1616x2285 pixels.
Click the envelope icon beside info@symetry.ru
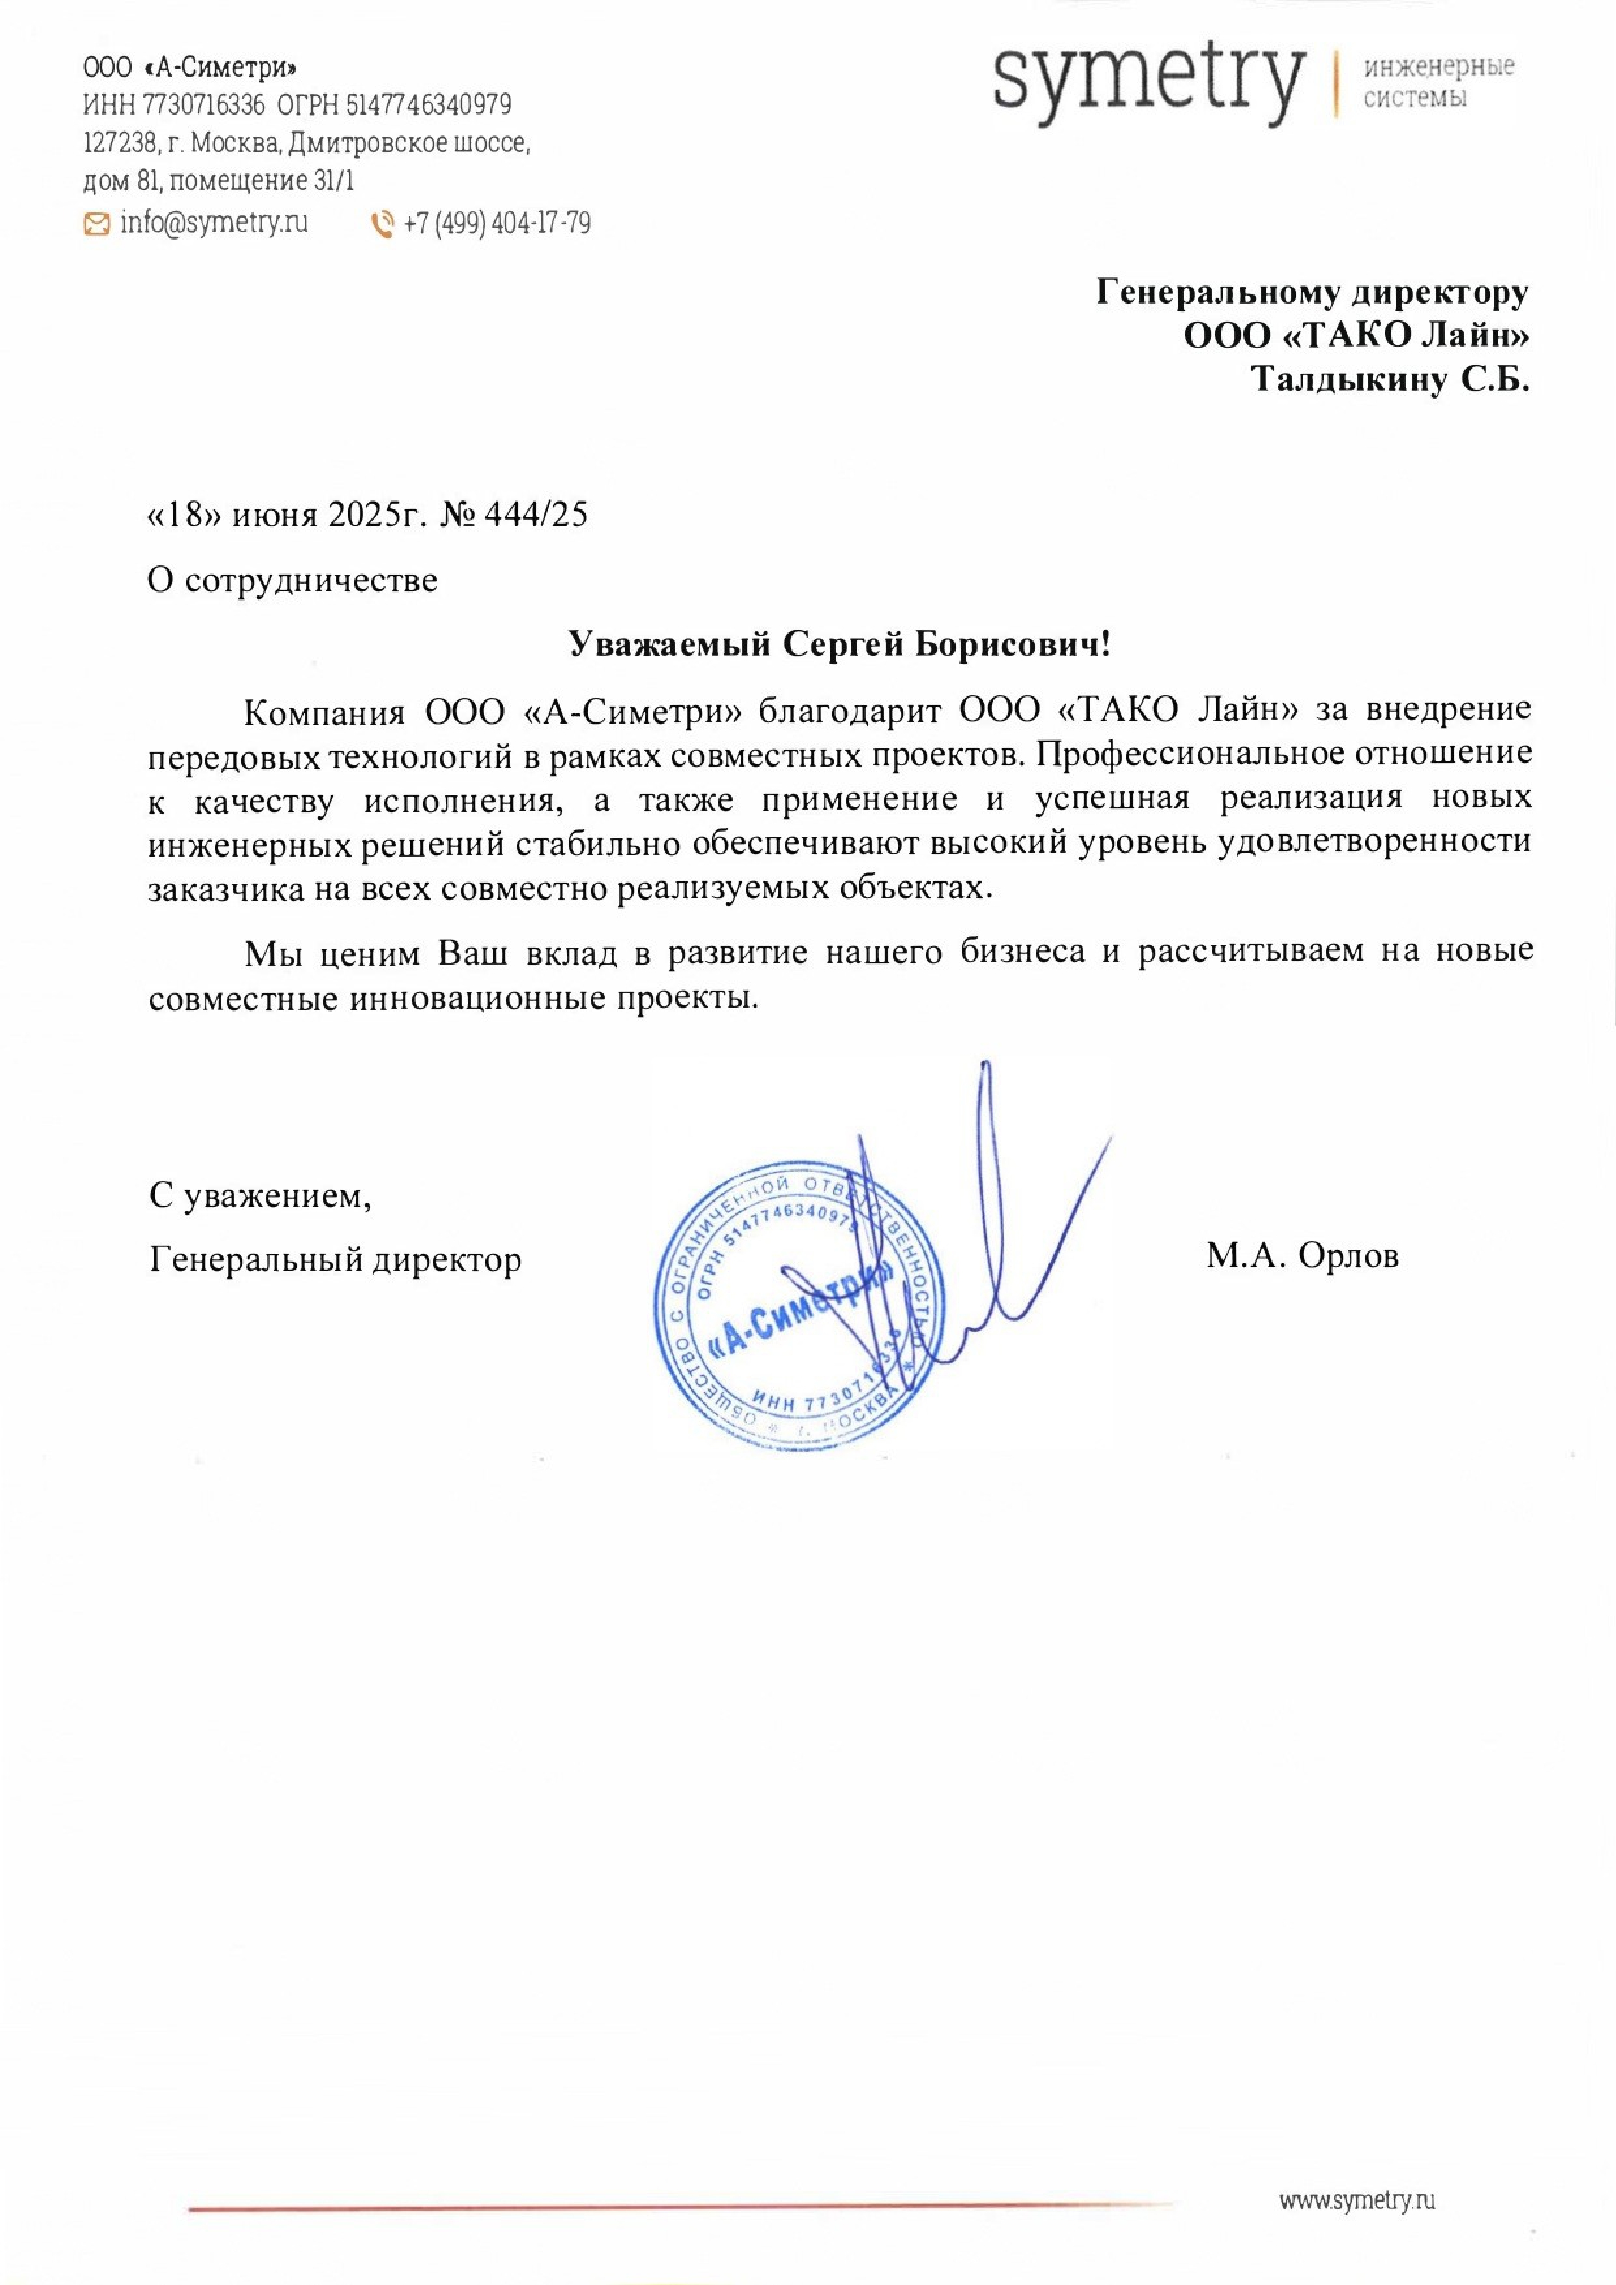[96, 225]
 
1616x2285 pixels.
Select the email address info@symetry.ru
[214, 223]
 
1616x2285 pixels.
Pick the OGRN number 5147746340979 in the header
[428, 104]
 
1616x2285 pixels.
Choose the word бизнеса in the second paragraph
[1022, 952]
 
